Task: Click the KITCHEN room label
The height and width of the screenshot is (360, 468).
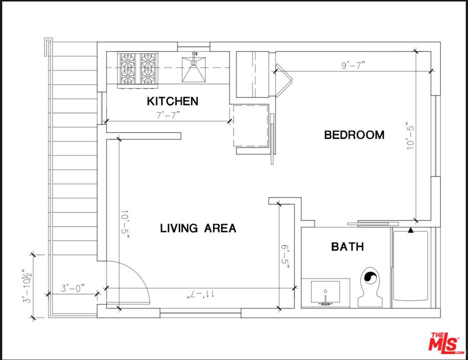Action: click(172, 101)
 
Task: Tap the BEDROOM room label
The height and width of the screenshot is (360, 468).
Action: click(354, 134)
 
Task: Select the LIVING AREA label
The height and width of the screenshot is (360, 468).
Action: click(198, 228)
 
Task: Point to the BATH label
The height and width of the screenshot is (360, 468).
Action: click(347, 246)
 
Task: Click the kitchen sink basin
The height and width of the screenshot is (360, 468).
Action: click(194, 68)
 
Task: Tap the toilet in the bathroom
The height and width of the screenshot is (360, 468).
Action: click(370, 287)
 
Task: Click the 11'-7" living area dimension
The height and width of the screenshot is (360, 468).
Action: click(200, 294)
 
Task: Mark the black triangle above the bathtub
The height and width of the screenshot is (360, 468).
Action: click(410, 230)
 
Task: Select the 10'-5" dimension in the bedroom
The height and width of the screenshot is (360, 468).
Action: click(410, 135)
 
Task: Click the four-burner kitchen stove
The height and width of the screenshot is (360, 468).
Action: click(135, 68)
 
